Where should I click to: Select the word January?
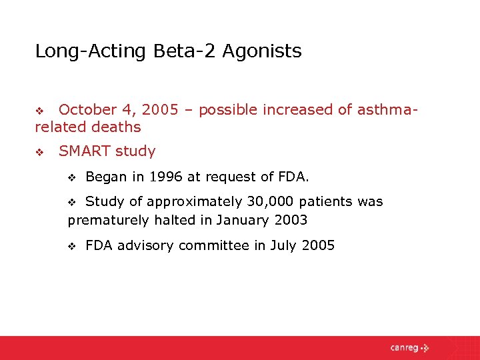[245, 219]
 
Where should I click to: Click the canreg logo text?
[404, 347]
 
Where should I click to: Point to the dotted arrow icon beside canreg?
[425, 347]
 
